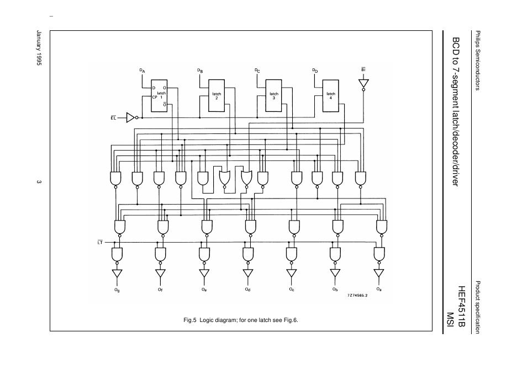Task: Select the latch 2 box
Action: point(217,95)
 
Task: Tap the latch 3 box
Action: point(274,95)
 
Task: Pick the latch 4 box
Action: point(330,95)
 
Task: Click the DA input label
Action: point(142,71)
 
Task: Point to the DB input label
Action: point(200,71)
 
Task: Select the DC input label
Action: point(257,71)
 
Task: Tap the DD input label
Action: point(315,71)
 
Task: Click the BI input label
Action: point(363,71)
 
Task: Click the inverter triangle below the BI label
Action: point(363,84)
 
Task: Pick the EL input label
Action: point(114,117)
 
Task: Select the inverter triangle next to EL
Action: point(130,117)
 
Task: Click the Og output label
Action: point(117,289)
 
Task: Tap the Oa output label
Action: point(379,289)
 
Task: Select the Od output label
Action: point(247,289)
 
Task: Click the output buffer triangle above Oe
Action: point(204,273)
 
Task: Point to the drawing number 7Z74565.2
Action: point(357,296)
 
